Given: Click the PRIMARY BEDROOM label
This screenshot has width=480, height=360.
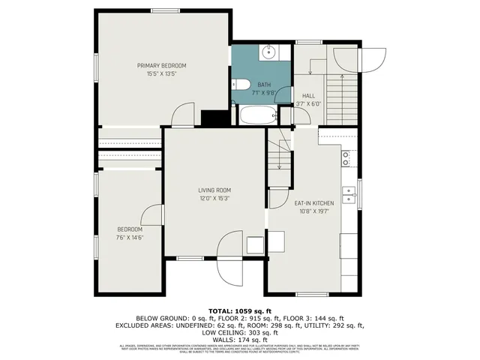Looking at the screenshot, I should pyautogui.click(x=161, y=66).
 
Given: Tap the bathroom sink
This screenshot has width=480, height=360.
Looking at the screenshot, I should pyautogui.click(x=269, y=52).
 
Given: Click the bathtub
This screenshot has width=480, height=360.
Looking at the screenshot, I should pyautogui.click(x=257, y=115).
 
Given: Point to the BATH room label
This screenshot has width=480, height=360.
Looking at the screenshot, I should pyautogui.click(x=264, y=85).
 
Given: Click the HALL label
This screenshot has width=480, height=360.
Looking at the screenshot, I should pyautogui.click(x=308, y=96).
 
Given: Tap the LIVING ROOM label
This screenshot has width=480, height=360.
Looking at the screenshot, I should pyautogui.click(x=214, y=190).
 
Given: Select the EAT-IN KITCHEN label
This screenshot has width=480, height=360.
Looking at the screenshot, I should pyautogui.click(x=313, y=203).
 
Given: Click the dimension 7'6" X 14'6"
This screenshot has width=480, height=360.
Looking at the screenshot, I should pyautogui.click(x=130, y=238).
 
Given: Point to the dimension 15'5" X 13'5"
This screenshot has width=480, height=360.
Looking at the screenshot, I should pyautogui.click(x=161, y=74).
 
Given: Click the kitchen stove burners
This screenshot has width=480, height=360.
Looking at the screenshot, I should pyautogui.click(x=346, y=158).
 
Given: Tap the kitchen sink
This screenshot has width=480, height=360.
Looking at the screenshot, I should pyautogui.click(x=348, y=195).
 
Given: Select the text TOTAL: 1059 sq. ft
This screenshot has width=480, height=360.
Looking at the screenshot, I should pyautogui.click(x=239, y=310).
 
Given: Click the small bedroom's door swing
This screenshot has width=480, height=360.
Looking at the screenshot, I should pyautogui.click(x=152, y=214).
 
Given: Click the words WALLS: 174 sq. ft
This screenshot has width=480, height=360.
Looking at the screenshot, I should pyautogui.click(x=239, y=340).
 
